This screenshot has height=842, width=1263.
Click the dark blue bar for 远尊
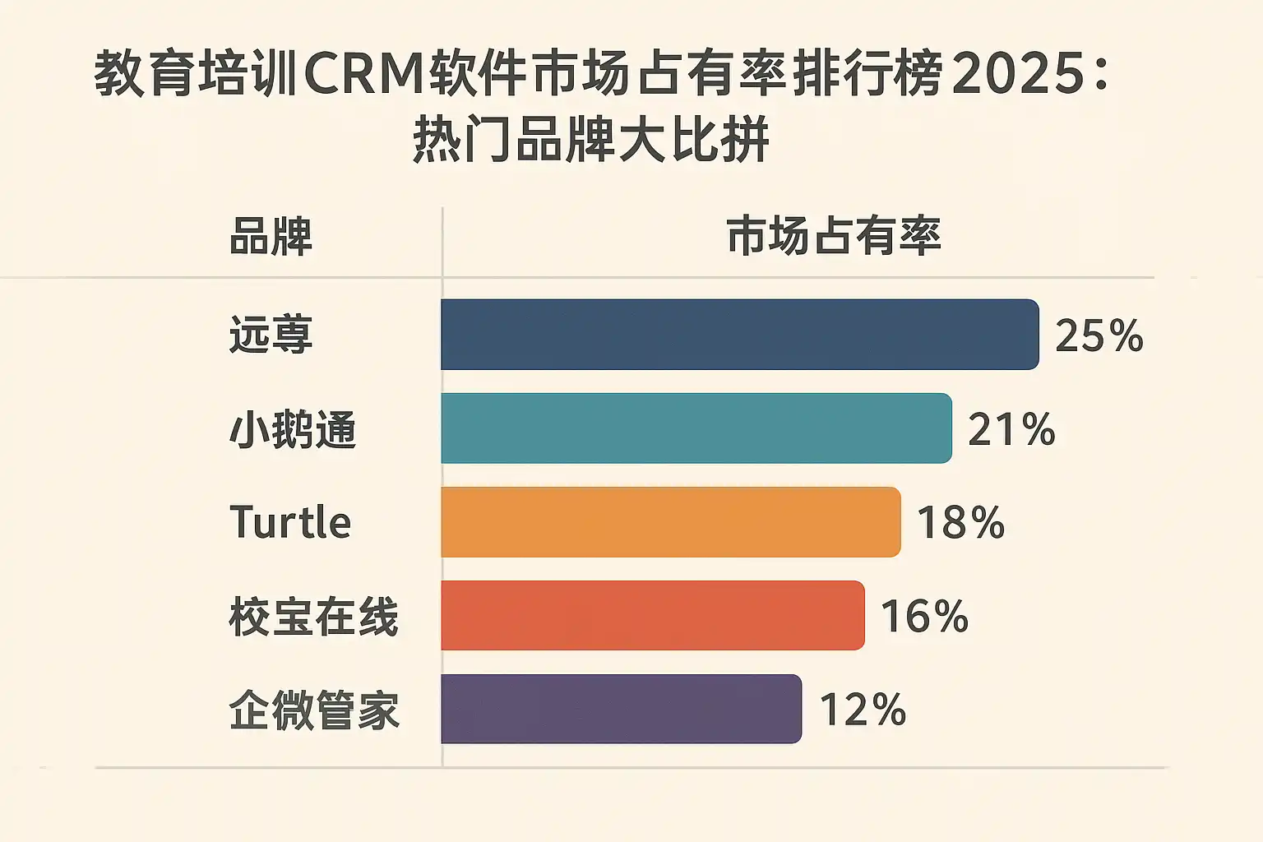tap(739, 335)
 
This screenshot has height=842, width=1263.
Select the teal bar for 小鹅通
tap(696, 428)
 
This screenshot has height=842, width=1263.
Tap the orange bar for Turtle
tap(670, 522)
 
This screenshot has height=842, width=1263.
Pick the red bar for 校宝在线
tap(652, 616)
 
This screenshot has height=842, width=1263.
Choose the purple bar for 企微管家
tap(621, 709)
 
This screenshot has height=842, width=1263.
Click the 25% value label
tap(1099, 335)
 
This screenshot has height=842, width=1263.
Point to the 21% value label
tap(1011, 429)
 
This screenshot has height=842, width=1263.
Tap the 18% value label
tap(960, 523)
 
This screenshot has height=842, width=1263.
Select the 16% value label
tap(924, 617)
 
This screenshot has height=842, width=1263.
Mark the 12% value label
tap(863, 710)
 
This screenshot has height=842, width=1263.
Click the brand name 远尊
tap(271, 335)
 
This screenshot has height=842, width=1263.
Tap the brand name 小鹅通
tap(292, 429)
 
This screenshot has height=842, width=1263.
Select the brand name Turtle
tap(290, 523)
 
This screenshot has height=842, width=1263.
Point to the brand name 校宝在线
tap(313, 617)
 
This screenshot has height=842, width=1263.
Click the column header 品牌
tap(271, 237)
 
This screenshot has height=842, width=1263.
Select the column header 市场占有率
tap(833, 237)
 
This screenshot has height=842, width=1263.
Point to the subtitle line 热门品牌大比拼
tap(590, 140)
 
